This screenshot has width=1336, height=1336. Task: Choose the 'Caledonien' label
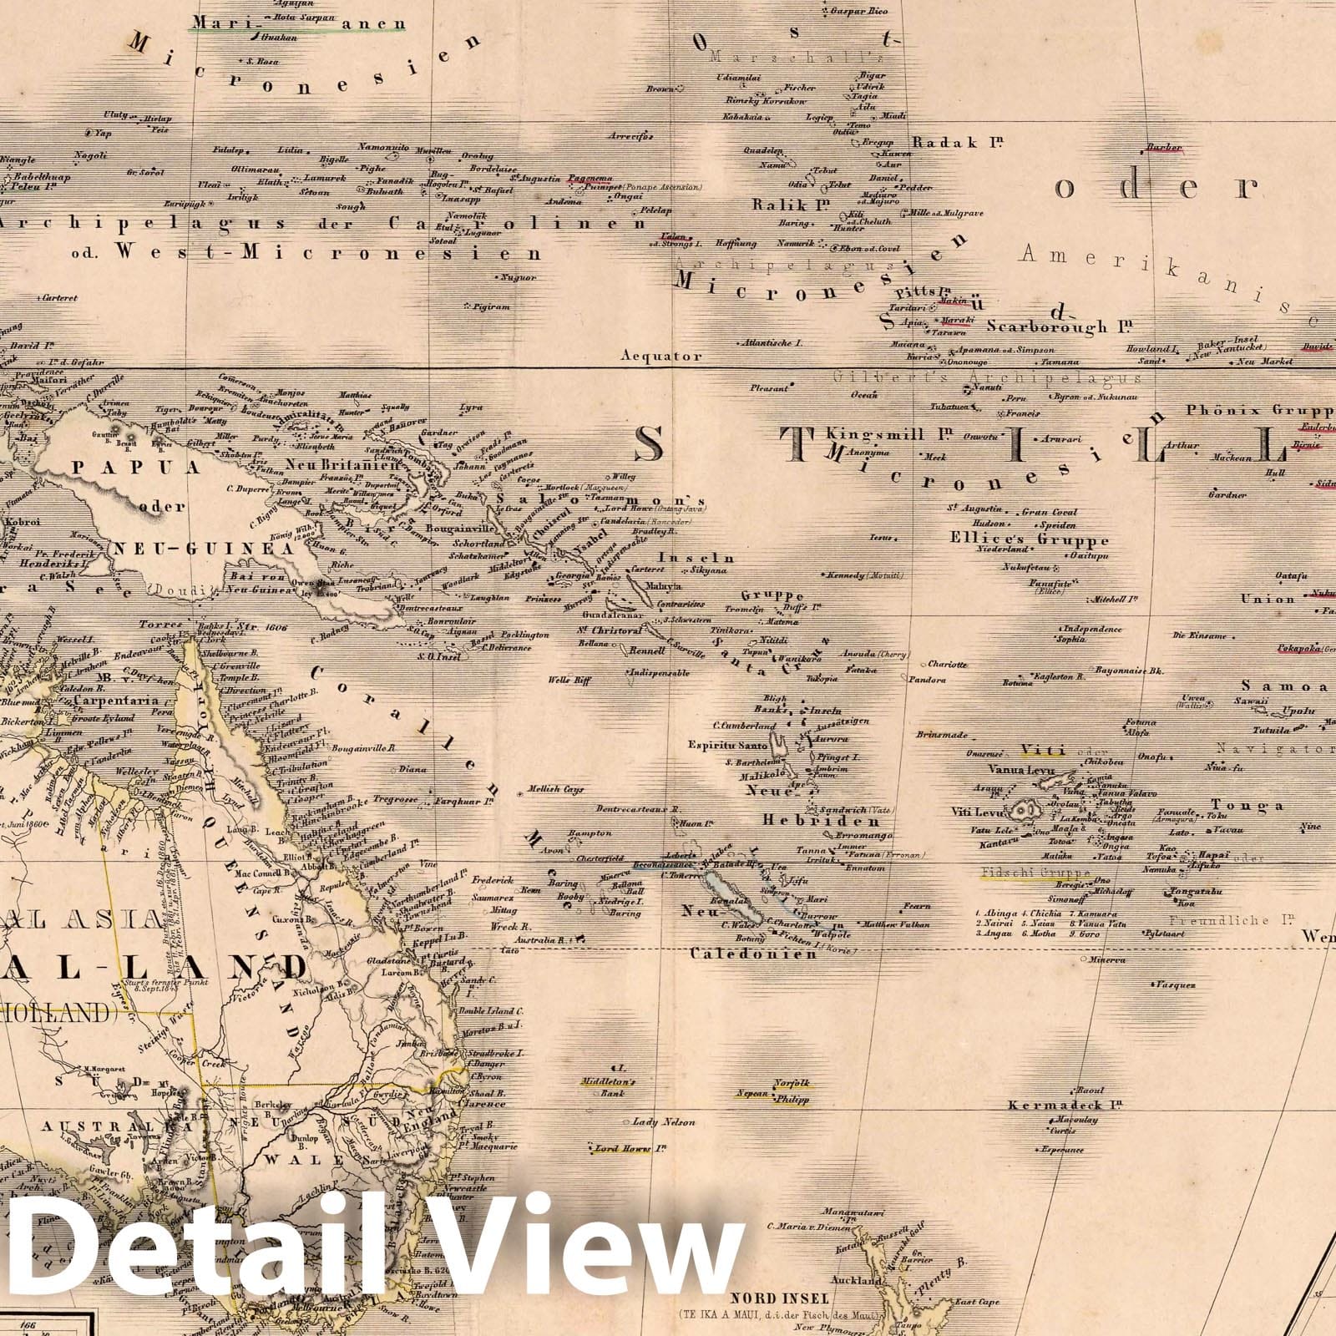pyautogui.click(x=753, y=953)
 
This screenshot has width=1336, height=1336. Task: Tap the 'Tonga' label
pyautogui.click(x=1246, y=806)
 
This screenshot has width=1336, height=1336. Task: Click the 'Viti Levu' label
pyautogui.click(x=978, y=812)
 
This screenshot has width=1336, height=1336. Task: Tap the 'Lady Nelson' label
pyautogui.click(x=663, y=1122)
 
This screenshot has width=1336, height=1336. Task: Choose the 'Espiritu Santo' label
pyautogui.click(x=726, y=744)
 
